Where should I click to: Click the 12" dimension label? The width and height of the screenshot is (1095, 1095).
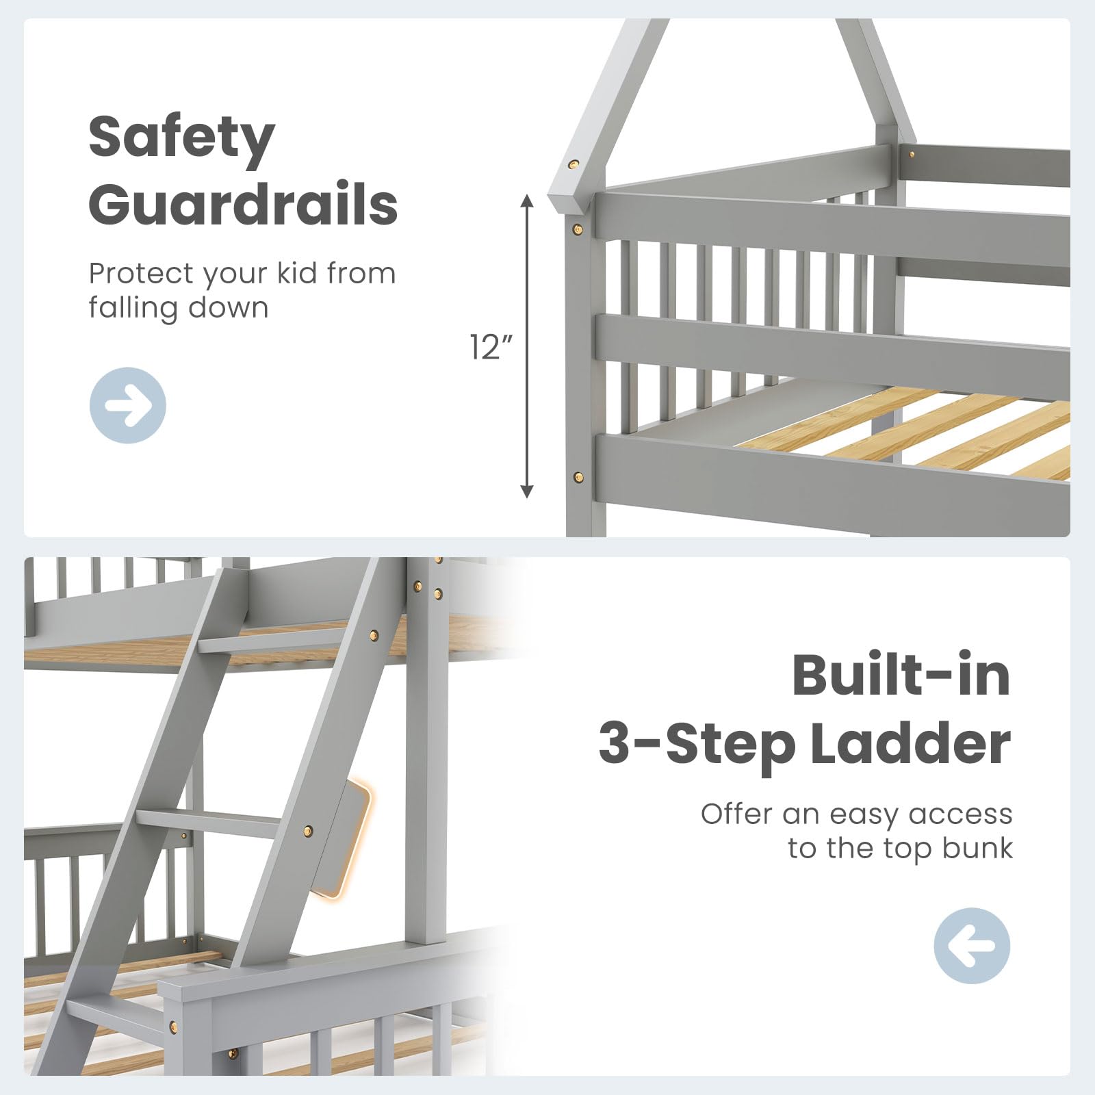click(x=491, y=347)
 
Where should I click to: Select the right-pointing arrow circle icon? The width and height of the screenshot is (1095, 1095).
click(x=128, y=405)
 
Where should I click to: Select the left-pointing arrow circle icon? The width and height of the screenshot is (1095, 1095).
click(x=972, y=946)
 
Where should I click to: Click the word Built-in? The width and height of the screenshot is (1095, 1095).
click(x=901, y=676)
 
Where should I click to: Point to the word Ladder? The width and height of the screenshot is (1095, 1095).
click(x=911, y=744)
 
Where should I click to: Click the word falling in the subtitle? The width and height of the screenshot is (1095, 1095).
click(x=131, y=307)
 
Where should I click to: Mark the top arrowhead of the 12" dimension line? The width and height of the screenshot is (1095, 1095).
click(x=526, y=200)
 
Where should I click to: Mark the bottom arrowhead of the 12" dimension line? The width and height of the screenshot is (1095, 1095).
click(x=526, y=491)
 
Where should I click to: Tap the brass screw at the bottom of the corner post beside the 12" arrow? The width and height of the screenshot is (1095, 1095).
click(x=578, y=476)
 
